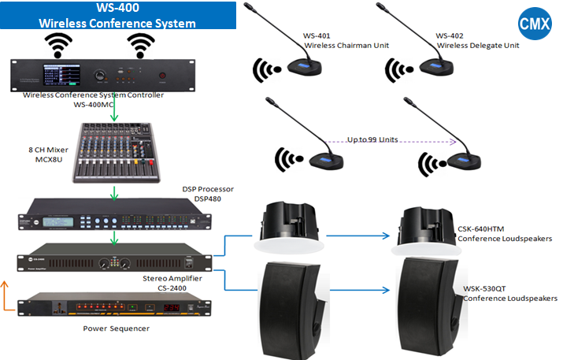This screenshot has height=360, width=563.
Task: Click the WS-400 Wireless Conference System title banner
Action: pyautogui.click(x=117, y=16)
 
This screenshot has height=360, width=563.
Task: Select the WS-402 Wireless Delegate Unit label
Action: pyautogui.click(x=477, y=41)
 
